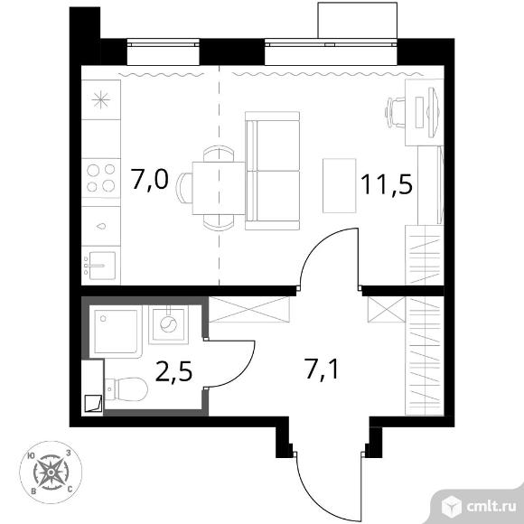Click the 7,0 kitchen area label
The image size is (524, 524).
(149, 180)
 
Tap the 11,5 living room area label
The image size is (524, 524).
(387, 184)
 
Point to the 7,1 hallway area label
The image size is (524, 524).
(321, 370)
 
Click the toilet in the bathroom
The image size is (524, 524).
(126, 389)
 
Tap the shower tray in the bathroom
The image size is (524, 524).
(116, 332)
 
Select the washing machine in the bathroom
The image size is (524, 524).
(168, 324)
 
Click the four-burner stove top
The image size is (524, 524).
(101, 178)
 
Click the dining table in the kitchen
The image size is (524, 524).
(219, 188)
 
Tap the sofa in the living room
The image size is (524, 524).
(272, 171)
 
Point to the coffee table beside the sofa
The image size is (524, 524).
(339, 185)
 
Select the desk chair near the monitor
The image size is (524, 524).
(395, 112)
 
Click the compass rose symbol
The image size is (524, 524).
(51, 473)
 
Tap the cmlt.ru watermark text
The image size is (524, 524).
(491, 508)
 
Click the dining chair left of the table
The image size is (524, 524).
(184, 188)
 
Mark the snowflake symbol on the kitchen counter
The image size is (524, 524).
(101, 100)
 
